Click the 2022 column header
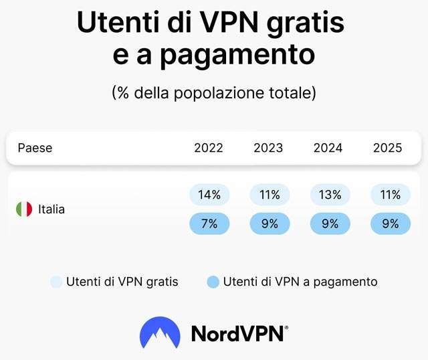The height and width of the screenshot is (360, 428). [x=209, y=148]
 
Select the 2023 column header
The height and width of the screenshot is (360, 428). [x=268, y=148]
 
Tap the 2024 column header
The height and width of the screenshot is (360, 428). [x=328, y=148]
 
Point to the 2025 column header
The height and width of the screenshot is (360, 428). [x=388, y=148]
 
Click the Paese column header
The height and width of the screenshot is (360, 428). [x=35, y=148]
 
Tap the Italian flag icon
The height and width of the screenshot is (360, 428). [x=24, y=209]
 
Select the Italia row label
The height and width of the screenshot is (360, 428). [x=51, y=209]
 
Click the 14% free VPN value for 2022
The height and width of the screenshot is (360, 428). [x=209, y=195]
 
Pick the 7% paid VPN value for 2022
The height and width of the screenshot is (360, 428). [x=209, y=223]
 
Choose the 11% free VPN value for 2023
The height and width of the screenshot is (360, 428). [x=270, y=195]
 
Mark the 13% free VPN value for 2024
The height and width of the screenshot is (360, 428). [x=330, y=195]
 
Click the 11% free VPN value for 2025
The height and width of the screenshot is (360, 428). [x=390, y=195]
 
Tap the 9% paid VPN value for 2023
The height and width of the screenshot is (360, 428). [x=270, y=223]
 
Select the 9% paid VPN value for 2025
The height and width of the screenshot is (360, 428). [x=390, y=223]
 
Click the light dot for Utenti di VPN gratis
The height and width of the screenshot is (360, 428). [x=56, y=282]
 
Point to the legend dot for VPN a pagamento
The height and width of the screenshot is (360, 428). [x=213, y=282]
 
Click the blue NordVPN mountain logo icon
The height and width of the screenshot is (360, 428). [x=160, y=333]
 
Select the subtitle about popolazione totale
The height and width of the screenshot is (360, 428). [x=213, y=93]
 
